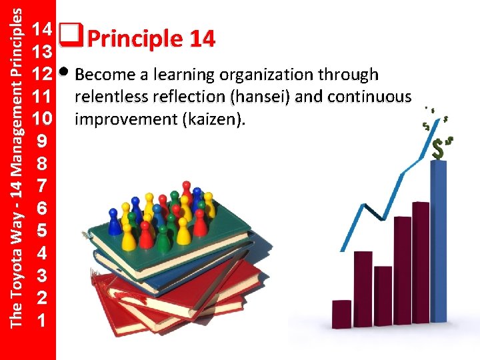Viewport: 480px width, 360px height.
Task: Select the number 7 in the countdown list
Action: (x=42, y=187)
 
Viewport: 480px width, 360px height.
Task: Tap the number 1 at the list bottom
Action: (x=42, y=321)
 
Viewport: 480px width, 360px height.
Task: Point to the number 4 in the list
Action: (x=42, y=253)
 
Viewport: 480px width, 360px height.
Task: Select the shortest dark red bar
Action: (x=341, y=314)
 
